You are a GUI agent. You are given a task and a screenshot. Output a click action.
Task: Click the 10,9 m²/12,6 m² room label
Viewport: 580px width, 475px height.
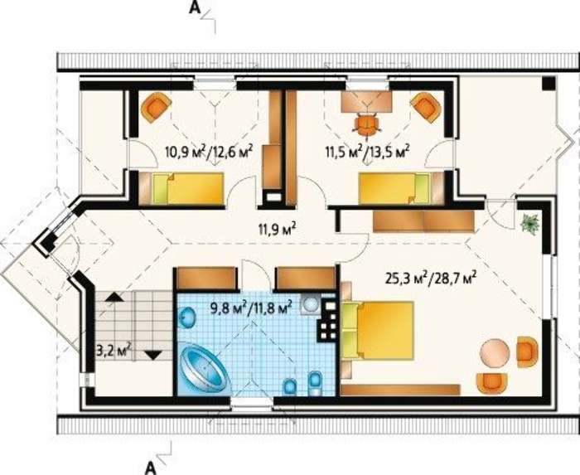210,152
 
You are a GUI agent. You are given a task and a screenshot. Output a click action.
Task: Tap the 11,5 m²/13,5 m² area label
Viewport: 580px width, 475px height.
367,152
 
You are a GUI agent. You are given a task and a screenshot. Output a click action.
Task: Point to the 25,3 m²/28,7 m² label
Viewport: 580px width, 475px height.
430,277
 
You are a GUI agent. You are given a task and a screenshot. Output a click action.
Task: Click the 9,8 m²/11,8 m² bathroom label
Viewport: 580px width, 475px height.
252,307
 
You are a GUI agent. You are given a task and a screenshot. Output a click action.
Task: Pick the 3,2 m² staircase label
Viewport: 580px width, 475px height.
114,350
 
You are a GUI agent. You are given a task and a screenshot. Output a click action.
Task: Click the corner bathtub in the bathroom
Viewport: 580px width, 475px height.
205,368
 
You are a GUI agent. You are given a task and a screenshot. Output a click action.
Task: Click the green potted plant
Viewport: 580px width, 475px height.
529,223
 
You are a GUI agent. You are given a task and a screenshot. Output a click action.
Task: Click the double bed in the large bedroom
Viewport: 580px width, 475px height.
377,331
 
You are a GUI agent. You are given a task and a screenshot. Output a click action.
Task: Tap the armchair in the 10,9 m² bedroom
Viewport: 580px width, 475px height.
157,107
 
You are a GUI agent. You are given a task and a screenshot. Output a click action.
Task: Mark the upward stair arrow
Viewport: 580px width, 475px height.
114,296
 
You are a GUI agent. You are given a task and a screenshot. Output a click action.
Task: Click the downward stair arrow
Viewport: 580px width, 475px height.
152,355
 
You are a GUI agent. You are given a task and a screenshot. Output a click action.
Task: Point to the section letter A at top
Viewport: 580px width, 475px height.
195,7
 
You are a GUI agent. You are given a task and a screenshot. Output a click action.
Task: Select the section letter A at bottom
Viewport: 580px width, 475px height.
149,468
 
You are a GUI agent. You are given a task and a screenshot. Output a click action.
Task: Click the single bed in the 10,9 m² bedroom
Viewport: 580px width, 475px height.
181,189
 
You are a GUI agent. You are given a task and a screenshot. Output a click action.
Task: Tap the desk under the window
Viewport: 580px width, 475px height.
366,101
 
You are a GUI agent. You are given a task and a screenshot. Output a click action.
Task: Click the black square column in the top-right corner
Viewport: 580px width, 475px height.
549,83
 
